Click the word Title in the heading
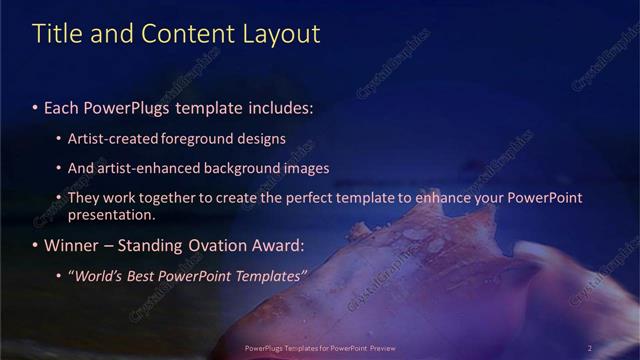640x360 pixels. (x=56, y=33)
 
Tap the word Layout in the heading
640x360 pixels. (x=282, y=33)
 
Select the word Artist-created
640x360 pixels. (x=112, y=138)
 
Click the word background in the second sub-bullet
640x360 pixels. (x=240, y=168)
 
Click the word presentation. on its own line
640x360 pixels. (x=112, y=213)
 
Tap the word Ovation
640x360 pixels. (x=214, y=244)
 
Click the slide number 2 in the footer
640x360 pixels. (x=589, y=348)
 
